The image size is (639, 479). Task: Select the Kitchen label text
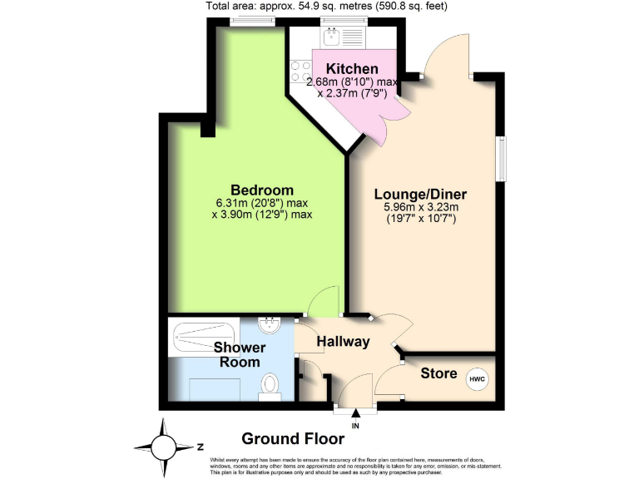[352, 69]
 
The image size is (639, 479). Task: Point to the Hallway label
[343, 341]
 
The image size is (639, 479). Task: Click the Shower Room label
[240, 354]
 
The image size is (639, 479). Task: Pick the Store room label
[438, 374]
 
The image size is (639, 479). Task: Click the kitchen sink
[333, 37]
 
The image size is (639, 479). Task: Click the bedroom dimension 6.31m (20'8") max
[260, 202]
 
